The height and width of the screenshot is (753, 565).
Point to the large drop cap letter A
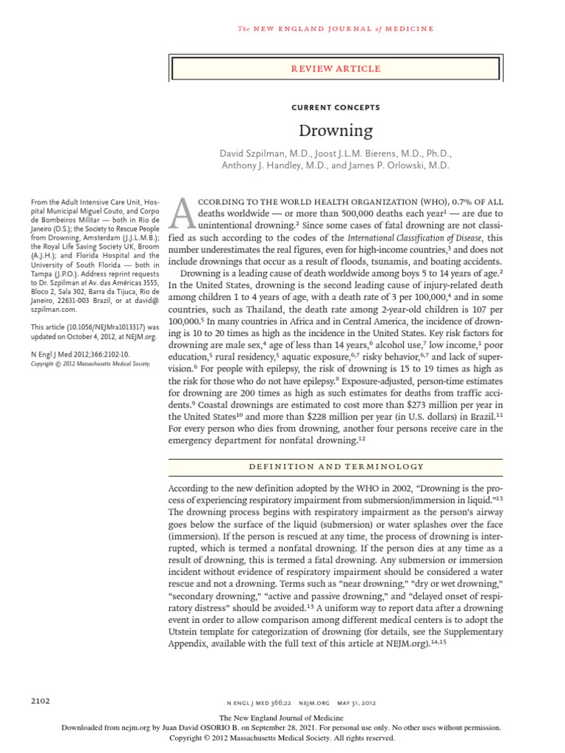(x=182, y=213)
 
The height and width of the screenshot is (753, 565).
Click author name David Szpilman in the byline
(x=253, y=154)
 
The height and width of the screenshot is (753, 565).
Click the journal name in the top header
(x=335, y=29)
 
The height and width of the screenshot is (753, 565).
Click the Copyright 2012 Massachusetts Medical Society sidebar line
(x=90, y=364)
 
